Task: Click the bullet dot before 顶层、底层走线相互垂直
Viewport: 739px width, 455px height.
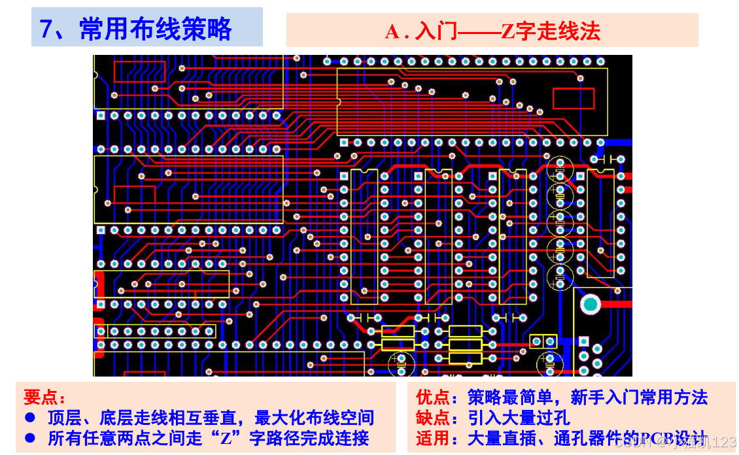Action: click(x=29, y=418)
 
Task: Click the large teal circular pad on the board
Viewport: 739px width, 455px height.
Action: click(x=590, y=303)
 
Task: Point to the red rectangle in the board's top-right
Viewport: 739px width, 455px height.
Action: click(x=573, y=98)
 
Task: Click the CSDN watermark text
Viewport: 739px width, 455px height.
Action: click(x=630, y=443)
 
